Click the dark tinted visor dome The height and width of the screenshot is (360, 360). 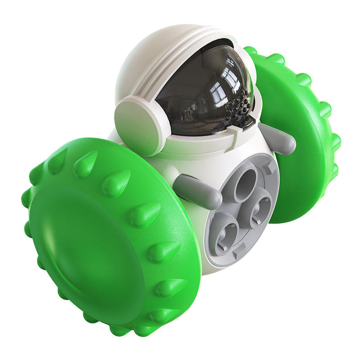tap(202, 90)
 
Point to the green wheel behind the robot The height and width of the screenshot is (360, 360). tap(301, 135)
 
